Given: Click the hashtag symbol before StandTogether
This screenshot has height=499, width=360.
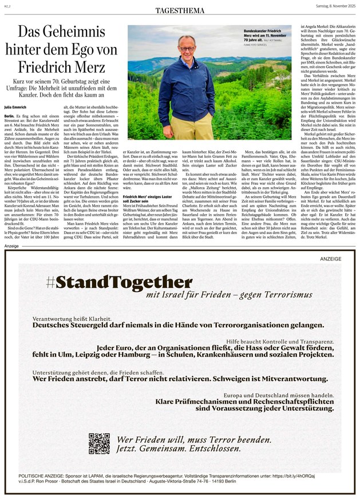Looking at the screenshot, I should coord(51,283).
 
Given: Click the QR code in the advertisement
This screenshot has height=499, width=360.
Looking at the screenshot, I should coord(99,444).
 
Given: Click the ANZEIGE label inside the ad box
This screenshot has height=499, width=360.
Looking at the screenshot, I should coord(331,259).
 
